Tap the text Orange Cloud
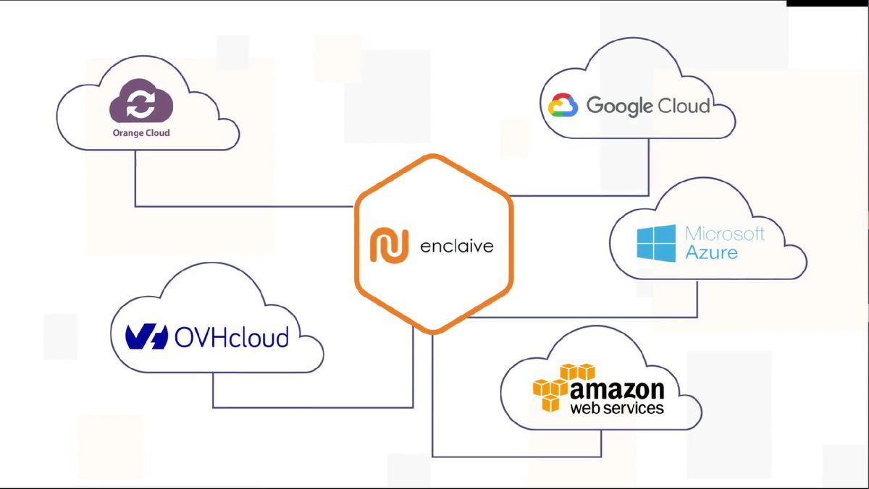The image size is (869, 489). pyautogui.click(x=141, y=133)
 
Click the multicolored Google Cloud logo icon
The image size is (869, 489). pyautogui.click(x=562, y=106)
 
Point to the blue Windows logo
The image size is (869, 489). pyautogui.click(x=655, y=243)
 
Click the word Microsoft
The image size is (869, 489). pyautogui.click(x=725, y=234)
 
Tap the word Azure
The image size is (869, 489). pyautogui.click(x=711, y=252)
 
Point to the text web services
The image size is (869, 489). pyautogui.click(x=617, y=408)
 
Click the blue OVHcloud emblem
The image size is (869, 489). pyautogui.click(x=147, y=336)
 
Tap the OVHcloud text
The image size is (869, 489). pyautogui.click(x=232, y=337)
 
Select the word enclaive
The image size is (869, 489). pyautogui.click(x=456, y=246)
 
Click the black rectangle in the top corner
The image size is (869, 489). pyautogui.click(x=828, y=4)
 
